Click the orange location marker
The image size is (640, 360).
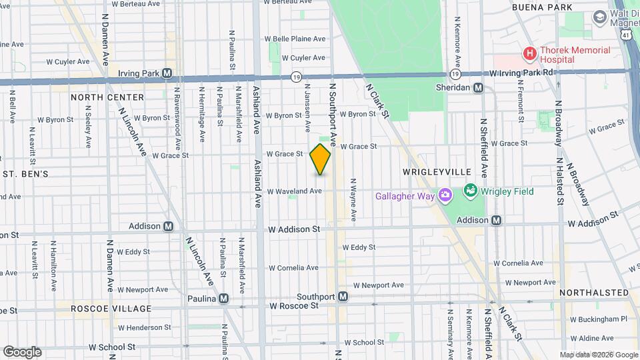coord(321,159)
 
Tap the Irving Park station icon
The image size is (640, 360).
coord(167,73)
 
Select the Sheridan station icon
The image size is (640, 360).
coord(479,88)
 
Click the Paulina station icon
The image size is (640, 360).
coord(223,298)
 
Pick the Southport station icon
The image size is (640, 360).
coord(343,297)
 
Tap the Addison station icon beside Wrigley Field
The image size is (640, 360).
coord(497,220)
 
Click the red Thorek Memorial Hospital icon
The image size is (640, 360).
coord(529,53)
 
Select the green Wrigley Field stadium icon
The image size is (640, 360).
coord(471,191)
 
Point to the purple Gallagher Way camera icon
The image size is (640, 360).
coord(445,195)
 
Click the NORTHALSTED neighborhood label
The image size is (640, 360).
coord(593,293)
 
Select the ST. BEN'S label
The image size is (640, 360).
coord(25,174)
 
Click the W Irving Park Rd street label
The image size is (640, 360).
coord(521,72)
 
